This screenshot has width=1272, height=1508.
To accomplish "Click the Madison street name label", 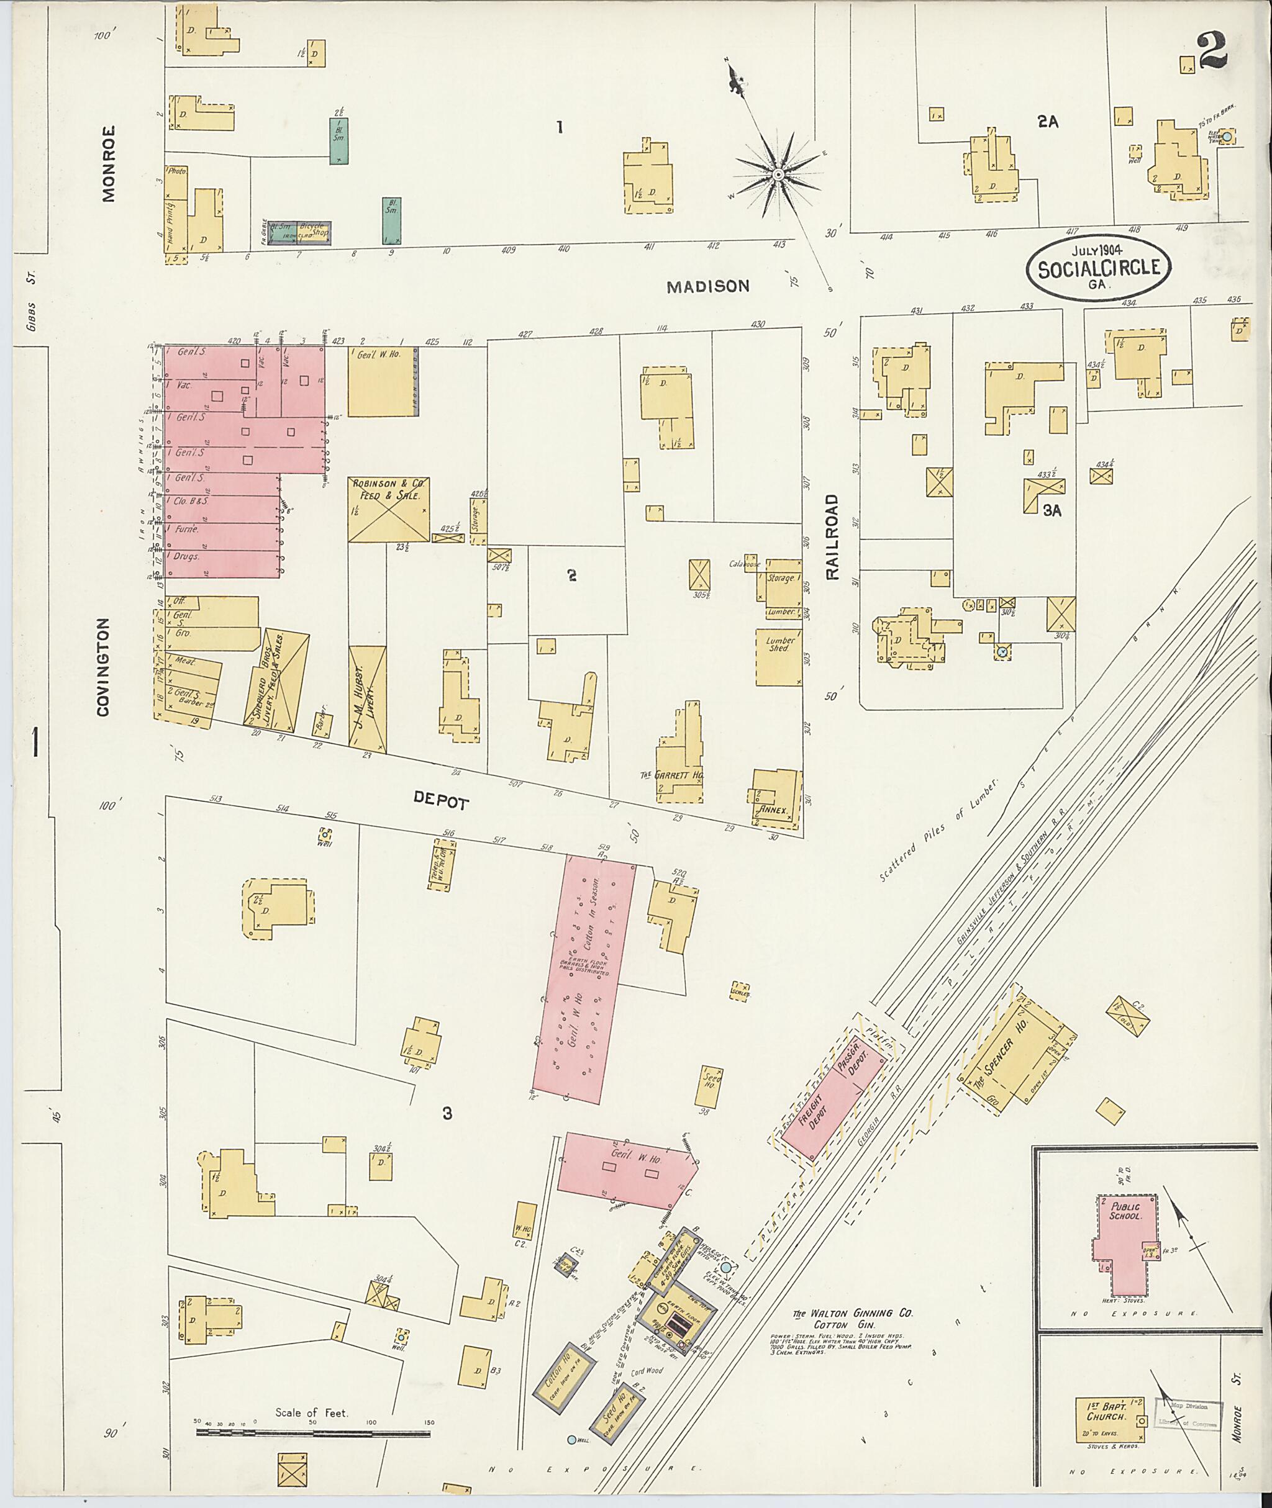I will [x=707, y=286].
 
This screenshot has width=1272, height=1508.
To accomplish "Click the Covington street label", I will [x=102, y=667].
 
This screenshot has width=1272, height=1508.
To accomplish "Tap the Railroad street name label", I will [x=832, y=536].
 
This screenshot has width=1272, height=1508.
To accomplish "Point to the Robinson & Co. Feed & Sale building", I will [x=389, y=509].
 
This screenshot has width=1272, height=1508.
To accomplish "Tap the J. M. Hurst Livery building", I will [x=367, y=698].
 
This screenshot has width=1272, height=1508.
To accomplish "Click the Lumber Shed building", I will [x=779, y=657].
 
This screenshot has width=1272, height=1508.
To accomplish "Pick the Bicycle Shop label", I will [x=314, y=229].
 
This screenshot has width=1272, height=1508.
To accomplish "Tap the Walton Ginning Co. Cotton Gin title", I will [x=853, y=1319].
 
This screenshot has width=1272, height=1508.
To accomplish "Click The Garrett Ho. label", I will [x=671, y=775].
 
